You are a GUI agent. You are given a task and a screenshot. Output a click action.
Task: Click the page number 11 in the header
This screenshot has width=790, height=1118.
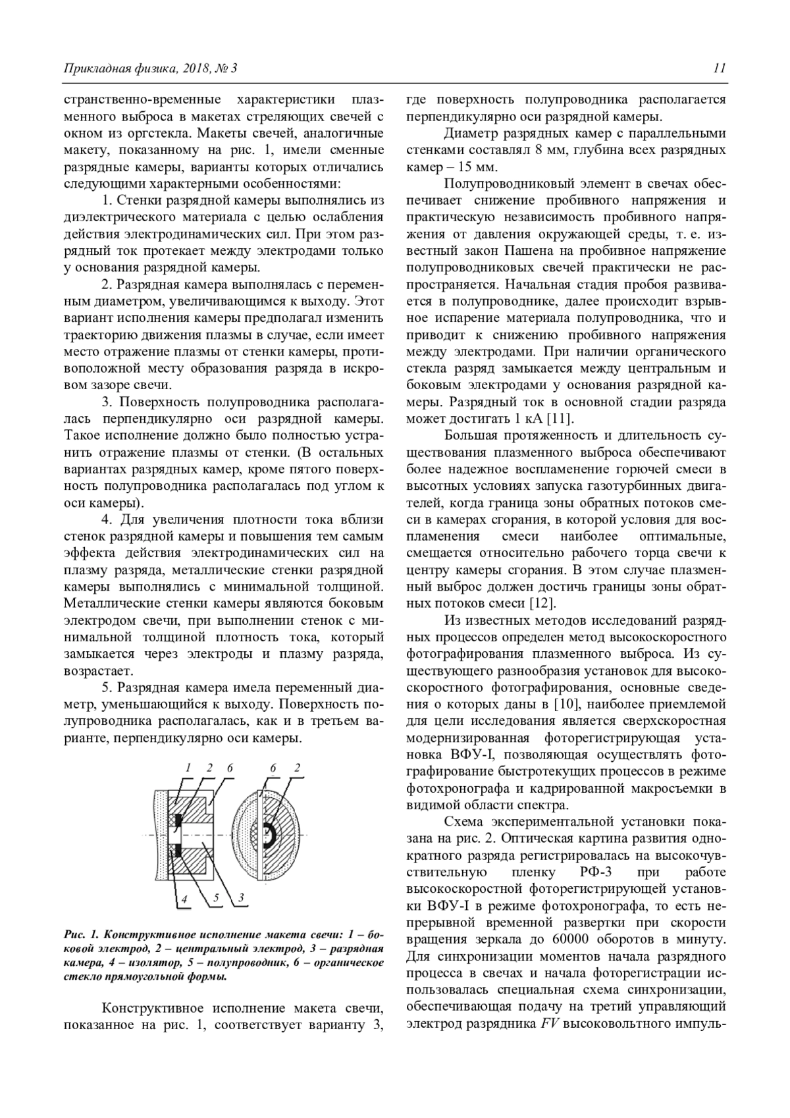pyautogui.click(x=719, y=68)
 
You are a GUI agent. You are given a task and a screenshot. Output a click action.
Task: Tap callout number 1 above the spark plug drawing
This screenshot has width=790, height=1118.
pyautogui.click(x=187, y=768)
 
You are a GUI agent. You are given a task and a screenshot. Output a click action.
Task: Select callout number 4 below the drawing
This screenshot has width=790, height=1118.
pyautogui.click(x=185, y=898)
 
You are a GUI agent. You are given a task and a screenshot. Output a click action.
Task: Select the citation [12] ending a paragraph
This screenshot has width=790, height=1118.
pyautogui.click(x=542, y=602)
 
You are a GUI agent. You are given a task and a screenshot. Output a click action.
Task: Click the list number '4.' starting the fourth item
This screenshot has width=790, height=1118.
pyautogui.click(x=107, y=518)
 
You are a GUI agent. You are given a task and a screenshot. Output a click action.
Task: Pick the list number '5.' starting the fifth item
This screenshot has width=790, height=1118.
pyautogui.click(x=107, y=687)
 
